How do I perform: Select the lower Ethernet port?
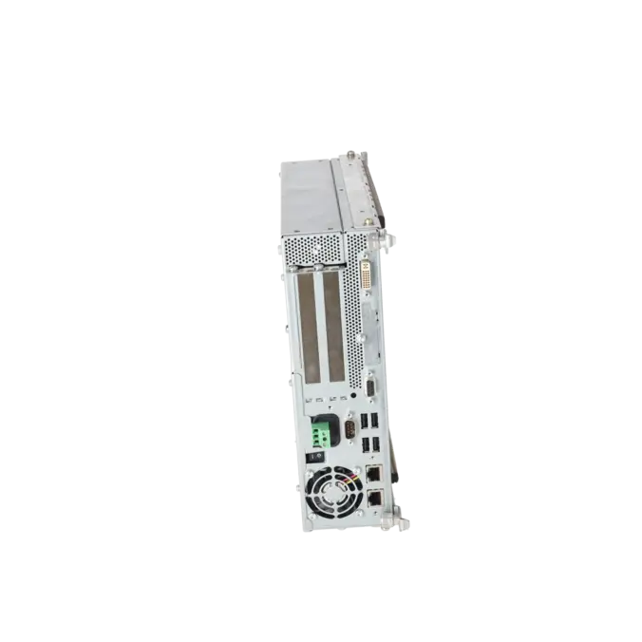click(374, 498)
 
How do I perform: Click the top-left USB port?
click(364, 422)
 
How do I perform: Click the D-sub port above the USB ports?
click(372, 389)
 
